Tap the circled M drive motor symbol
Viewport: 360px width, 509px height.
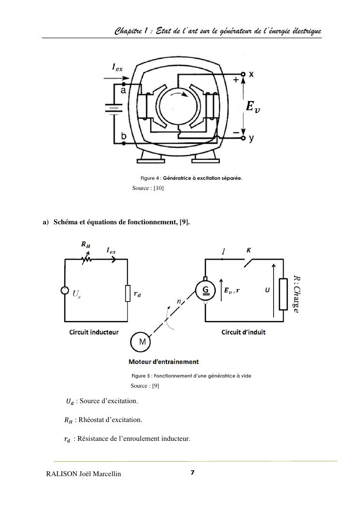(141, 342)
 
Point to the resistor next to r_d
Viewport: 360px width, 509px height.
(128, 293)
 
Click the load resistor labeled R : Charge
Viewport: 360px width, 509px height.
(283, 293)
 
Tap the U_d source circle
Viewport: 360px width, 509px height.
(65, 291)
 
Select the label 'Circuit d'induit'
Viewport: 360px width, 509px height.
(244, 332)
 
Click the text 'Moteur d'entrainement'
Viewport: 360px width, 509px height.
(163, 362)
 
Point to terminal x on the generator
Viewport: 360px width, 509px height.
(251, 74)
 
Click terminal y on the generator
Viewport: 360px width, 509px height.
(251, 139)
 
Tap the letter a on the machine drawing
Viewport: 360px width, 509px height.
(124, 91)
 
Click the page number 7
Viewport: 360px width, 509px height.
(192, 473)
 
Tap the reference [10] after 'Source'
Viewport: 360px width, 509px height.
(158, 188)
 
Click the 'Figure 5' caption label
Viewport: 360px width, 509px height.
(142, 376)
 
